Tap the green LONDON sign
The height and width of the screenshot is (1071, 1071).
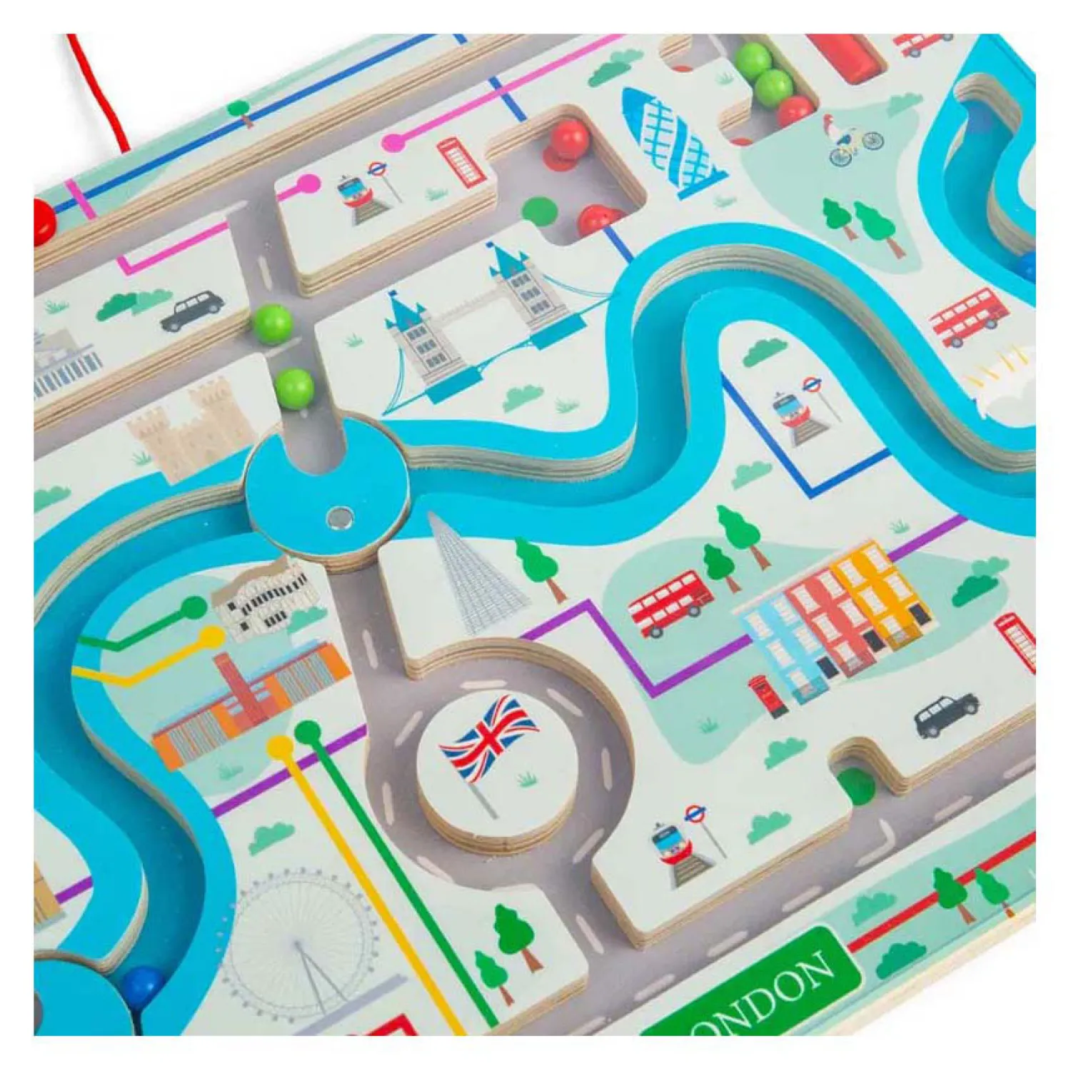tap(757, 989)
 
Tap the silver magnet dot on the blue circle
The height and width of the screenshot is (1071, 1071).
tap(338, 516)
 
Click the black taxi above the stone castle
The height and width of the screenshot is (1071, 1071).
tap(191, 310)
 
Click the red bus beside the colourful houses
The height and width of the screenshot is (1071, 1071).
tap(669, 601)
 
